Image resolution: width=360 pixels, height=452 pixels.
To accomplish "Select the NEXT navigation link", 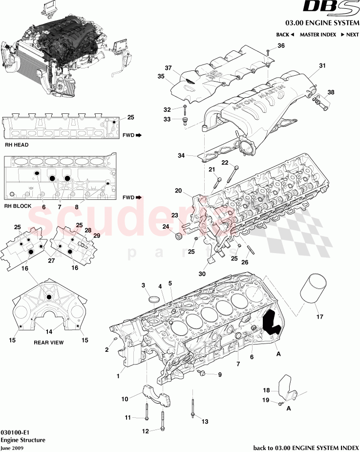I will point(350,35).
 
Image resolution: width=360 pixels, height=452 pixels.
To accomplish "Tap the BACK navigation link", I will point(285,35).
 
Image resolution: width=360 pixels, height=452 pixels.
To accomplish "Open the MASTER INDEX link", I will point(318,35).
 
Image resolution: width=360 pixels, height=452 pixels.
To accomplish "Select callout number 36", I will point(281,46).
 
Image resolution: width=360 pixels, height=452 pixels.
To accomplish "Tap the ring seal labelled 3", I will point(153,299).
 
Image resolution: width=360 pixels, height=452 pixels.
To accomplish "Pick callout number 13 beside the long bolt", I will point(205,421).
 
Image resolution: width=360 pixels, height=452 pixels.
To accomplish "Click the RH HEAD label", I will point(17,145).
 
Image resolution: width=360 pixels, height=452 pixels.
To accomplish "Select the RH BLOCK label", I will point(18,206).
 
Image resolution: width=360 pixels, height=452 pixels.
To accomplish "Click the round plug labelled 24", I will point(179,237).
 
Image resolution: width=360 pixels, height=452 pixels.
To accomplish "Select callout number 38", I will point(331,92).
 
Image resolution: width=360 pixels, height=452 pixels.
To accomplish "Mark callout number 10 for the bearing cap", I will point(125,399).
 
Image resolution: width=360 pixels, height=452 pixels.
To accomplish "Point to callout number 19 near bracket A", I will point(267,400).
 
